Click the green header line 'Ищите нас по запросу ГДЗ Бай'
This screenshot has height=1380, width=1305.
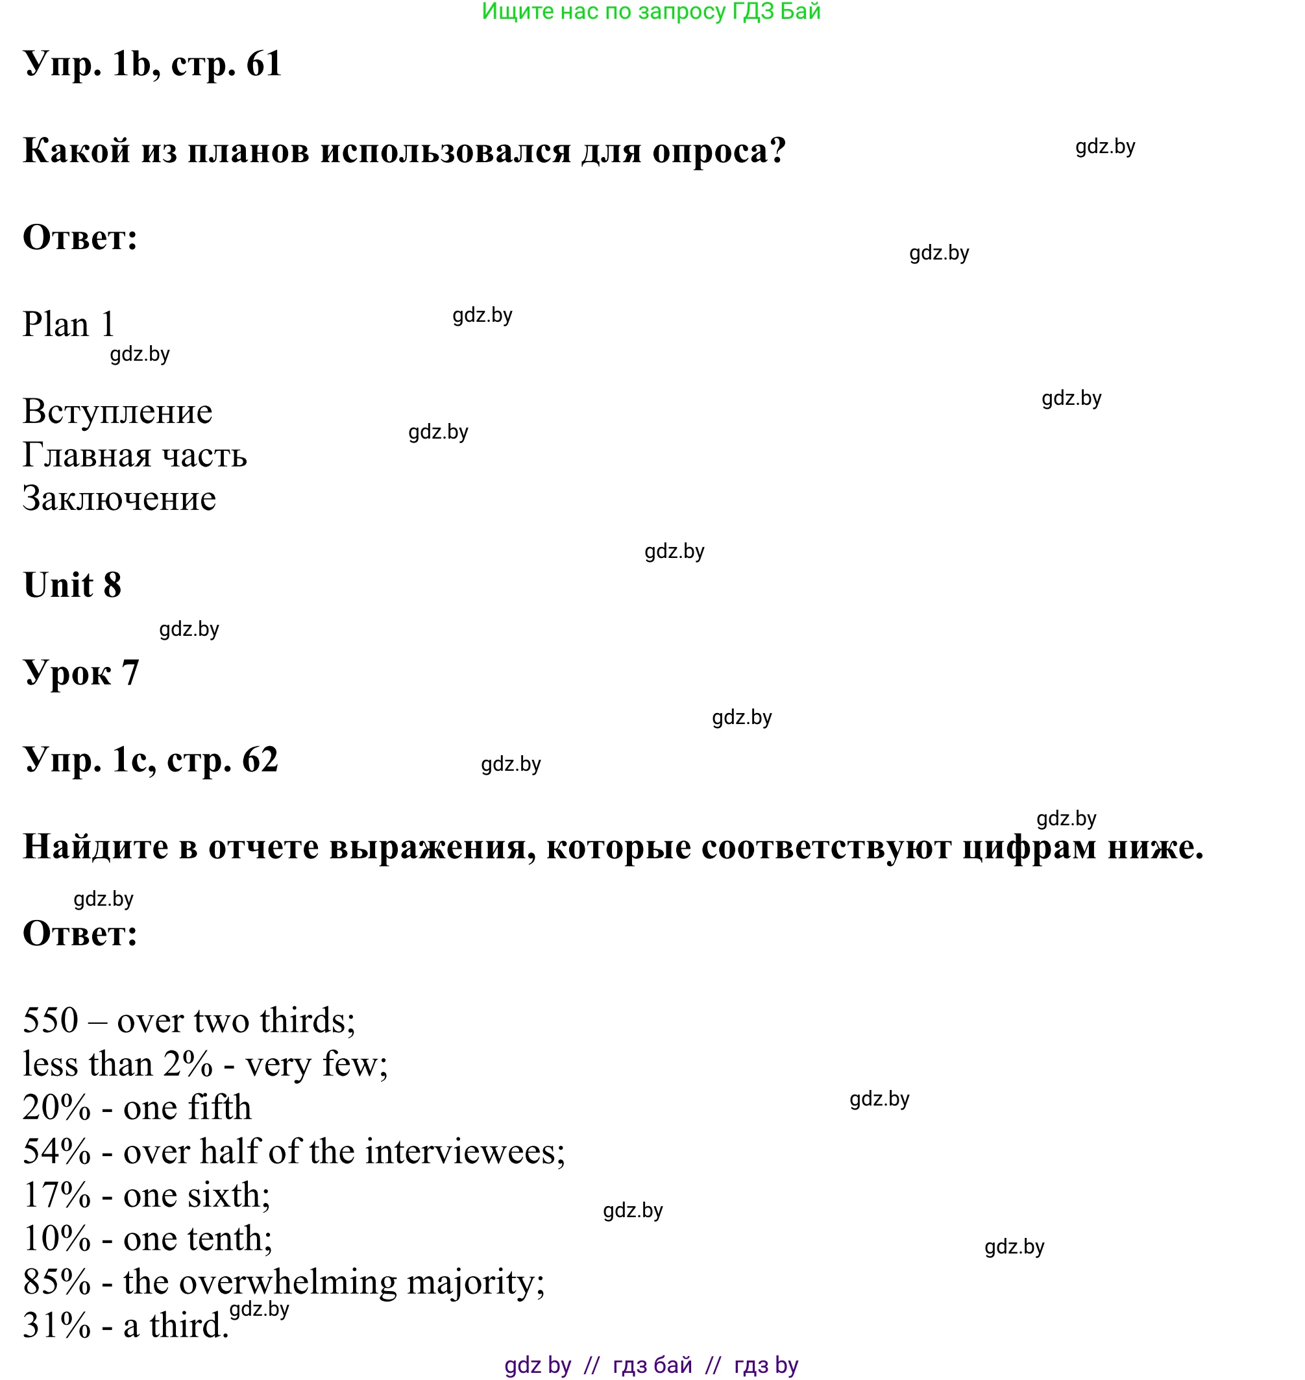click(651, 12)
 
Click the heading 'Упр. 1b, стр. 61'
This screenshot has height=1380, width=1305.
click(152, 64)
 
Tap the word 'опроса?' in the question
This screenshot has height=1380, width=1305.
click(718, 151)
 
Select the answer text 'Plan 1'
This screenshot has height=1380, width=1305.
click(68, 325)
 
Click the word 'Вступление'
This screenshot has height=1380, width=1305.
click(117, 412)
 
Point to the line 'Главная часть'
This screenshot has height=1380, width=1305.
click(135, 455)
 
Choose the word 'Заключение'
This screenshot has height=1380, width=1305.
click(119, 499)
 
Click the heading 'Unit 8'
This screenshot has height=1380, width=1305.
click(72, 585)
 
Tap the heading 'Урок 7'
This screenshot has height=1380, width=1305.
click(81, 673)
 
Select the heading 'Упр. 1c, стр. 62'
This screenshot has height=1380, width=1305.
click(151, 760)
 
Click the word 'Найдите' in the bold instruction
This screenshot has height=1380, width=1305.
click(95, 847)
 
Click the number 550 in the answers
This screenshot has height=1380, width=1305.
click(51, 1021)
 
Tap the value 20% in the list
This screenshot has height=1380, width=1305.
click(56, 1108)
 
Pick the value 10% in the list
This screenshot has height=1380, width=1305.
click(56, 1239)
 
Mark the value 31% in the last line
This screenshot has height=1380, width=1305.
click(56, 1326)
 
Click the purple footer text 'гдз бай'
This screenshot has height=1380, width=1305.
click(653, 1365)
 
